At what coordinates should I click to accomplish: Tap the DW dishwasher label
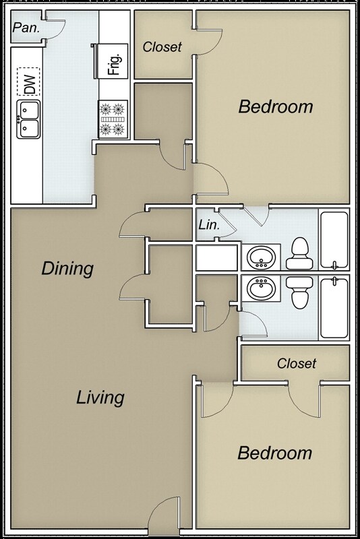tap(29, 84)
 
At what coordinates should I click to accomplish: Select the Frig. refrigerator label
tap(114, 64)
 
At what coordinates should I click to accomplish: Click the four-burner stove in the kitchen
tap(113, 119)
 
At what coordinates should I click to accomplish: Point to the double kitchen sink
tap(29, 119)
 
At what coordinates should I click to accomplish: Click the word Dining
tap(67, 268)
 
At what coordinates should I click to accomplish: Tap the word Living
tap(100, 397)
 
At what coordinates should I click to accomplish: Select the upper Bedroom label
tap(276, 106)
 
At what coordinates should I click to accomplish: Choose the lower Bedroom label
tap(275, 453)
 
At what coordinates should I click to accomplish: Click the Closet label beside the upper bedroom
tap(162, 47)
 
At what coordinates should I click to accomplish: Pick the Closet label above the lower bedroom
tap(297, 364)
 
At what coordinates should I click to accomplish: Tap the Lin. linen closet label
tap(208, 226)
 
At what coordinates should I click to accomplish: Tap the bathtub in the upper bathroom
tap(334, 241)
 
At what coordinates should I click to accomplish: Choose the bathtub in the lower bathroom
tap(334, 307)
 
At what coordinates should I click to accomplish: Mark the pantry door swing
tap(54, 28)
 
